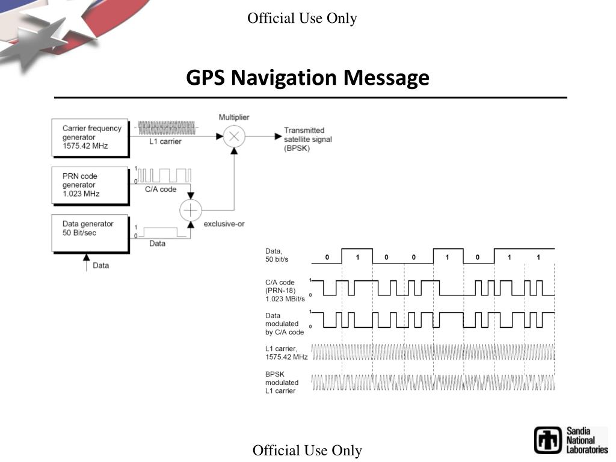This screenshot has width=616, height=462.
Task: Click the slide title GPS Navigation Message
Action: [307, 78]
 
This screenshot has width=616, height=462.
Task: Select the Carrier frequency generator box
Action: [90, 137]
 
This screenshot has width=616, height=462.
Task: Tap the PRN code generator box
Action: [90, 185]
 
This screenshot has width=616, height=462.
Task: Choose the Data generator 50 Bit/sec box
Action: [90, 232]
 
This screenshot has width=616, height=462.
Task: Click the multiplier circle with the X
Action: [234, 137]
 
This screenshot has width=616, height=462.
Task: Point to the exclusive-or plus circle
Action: [191, 210]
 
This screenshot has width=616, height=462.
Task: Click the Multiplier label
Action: [234, 117]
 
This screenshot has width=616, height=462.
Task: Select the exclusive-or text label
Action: [224, 224]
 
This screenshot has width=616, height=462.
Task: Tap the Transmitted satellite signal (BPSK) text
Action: [307, 139]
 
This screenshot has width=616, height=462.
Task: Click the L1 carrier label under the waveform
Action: [165, 142]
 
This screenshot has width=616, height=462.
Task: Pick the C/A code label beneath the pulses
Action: [161, 189]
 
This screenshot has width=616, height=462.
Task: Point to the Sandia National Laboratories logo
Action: [571, 440]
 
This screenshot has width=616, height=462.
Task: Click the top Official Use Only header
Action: [302, 19]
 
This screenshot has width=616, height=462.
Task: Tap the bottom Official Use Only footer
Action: [307, 451]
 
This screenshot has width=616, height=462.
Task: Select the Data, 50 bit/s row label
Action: [277, 255]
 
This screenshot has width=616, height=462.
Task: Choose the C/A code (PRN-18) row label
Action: [285, 291]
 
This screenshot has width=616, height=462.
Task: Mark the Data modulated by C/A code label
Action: [285, 324]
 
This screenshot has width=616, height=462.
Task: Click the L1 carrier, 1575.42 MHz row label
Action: [286, 353]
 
